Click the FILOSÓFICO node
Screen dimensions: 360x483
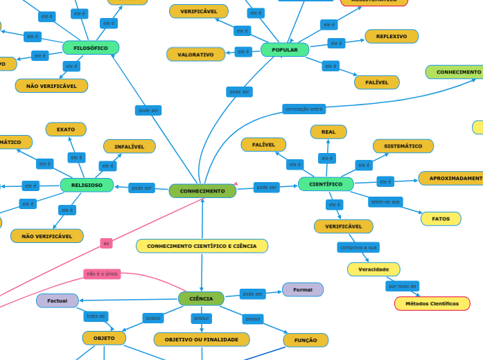click(91, 48)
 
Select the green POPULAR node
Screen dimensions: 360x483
click(285, 50)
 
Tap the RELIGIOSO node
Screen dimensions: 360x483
click(87, 185)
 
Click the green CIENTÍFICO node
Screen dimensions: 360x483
click(326, 184)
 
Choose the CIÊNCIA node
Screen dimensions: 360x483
click(201, 298)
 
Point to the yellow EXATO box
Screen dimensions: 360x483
click(66, 129)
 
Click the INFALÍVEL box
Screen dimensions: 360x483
click(130, 146)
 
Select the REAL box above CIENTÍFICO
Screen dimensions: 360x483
click(328, 132)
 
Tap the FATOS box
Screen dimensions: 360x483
click(441, 219)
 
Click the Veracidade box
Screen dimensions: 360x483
click(374, 269)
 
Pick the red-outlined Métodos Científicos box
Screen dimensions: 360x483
click(432, 303)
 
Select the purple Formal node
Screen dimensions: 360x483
click(303, 289)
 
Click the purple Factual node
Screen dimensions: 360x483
click(58, 300)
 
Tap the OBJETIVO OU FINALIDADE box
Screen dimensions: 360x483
click(202, 339)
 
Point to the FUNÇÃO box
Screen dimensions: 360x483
click(306, 340)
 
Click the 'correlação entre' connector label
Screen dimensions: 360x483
click(304, 109)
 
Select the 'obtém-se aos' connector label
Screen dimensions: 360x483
click(385, 201)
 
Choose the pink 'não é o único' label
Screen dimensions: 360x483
click(102, 274)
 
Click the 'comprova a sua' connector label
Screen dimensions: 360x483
click(358, 247)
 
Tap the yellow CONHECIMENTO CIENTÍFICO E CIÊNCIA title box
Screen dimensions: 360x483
click(202, 246)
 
